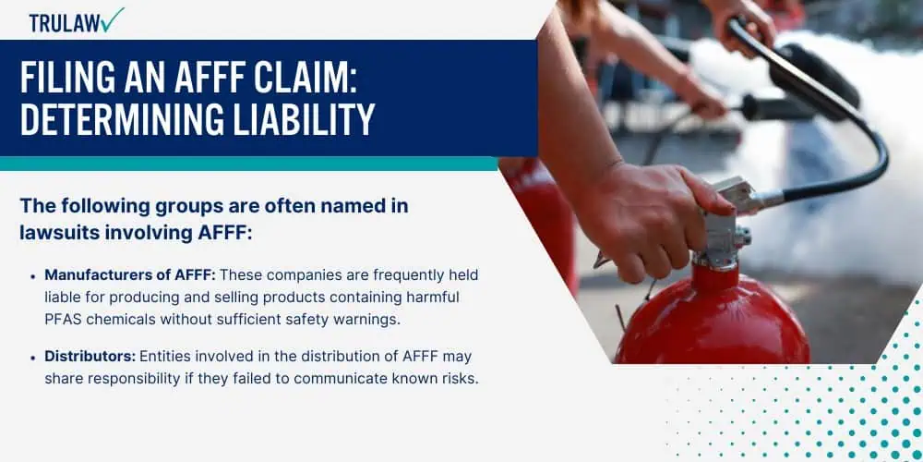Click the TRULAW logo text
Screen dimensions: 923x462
[x=64, y=22]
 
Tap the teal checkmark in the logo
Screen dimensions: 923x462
[x=112, y=19]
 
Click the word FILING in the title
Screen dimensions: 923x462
[x=66, y=77]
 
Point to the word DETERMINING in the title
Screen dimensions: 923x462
[x=116, y=119]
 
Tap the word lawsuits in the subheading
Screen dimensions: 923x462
[x=59, y=233]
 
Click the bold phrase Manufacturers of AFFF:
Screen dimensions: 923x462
[x=130, y=275]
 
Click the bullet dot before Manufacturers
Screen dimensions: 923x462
[x=33, y=275]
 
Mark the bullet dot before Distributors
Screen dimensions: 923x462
[x=33, y=357]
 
